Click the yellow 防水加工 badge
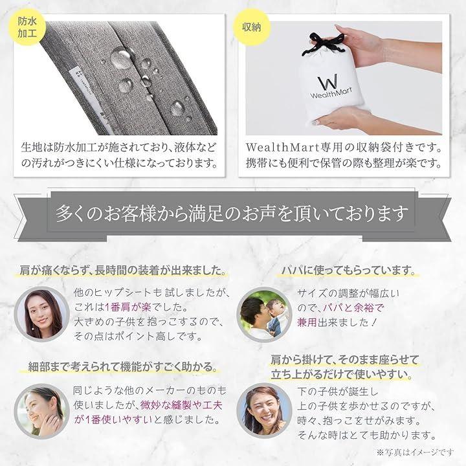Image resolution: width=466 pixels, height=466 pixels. click(27, 27)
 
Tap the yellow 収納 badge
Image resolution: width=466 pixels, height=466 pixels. click(251, 27)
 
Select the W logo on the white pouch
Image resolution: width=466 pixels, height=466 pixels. click(328, 82)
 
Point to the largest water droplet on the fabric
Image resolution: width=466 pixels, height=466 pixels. click(121, 58)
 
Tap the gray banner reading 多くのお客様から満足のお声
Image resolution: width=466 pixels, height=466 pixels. click(233, 214)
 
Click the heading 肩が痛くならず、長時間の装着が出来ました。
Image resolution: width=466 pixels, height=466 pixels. click(122, 271)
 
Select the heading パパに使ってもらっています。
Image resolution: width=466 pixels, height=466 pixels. click(348, 271)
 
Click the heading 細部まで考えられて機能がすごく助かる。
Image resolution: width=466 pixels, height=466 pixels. click(122, 366)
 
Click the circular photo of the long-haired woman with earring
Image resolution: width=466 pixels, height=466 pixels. click(42, 314)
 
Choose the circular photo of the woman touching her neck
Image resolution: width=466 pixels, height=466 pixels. click(42, 412)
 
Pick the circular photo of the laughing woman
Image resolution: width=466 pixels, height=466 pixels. click(264, 411)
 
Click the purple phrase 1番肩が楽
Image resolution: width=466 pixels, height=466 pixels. click(128, 307)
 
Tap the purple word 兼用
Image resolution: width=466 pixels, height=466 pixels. click(307, 322)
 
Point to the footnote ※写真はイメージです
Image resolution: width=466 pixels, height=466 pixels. click(415, 452)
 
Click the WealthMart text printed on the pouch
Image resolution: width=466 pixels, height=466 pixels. click(331, 93)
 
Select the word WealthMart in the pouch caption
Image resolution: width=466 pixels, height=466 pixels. click(282, 147)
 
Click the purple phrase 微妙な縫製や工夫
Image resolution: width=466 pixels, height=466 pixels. click(181, 405)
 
